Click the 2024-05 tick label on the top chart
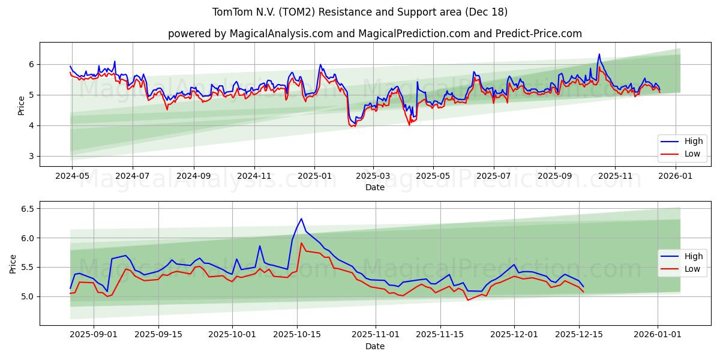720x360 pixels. pyautogui.click(x=72, y=176)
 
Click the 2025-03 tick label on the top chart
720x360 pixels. pyautogui.click(x=373, y=176)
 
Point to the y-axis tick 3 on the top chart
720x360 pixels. pyautogui.click(x=31, y=156)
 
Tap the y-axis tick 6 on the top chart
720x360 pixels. pyautogui.click(x=31, y=64)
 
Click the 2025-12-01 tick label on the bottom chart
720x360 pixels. pyautogui.click(x=514, y=335)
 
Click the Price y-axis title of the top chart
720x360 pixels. pyautogui.click(x=21, y=106)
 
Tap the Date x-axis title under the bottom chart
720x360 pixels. pyautogui.click(x=375, y=346)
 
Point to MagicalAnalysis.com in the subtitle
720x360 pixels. pyautogui.click(x=281, y=34)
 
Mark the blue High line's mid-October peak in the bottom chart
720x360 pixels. pyautogui.click(x=301, y=218)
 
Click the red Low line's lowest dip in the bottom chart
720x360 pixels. pyautogui.click(x=468, y=299)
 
